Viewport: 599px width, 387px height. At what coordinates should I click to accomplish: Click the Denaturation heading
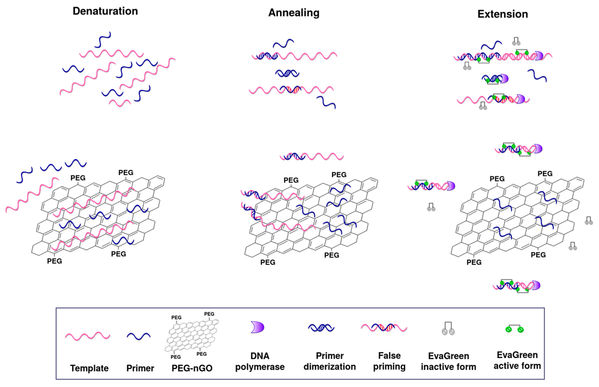coord(105,11)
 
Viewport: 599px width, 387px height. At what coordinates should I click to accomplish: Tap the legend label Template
coord(89,368)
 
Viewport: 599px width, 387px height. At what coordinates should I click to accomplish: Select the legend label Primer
coord(140,368)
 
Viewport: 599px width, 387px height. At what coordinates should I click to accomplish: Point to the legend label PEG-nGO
coord(192,368)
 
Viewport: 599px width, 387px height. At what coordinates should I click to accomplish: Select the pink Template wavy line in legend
coord(87,336)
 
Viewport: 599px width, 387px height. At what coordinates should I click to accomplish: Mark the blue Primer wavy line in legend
coord(139,336)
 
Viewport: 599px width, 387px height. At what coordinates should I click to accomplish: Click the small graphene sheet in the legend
coord(192,335)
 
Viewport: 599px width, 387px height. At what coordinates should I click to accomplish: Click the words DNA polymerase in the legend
coord(260,361)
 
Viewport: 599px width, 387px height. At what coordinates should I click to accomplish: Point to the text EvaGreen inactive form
coord(448,361)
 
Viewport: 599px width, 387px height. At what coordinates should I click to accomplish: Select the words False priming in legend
coord(389,361)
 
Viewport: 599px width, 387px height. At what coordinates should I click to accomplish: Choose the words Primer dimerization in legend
coord(330,361)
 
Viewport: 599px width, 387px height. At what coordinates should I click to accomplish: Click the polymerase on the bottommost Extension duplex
coord(536,285)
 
